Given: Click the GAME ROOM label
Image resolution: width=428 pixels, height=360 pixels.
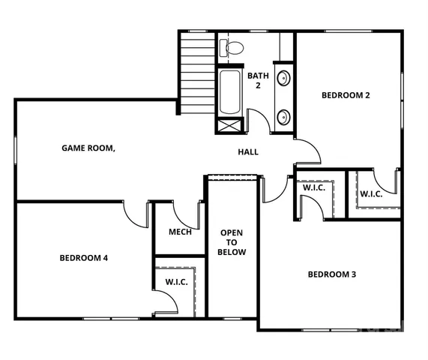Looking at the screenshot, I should coord(88,148).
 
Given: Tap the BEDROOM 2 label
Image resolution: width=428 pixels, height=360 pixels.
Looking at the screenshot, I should coord(346,95).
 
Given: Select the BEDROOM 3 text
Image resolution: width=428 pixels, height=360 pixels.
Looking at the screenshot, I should coord(331,274).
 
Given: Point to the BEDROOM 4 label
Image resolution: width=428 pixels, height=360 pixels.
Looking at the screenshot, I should coord(84,258).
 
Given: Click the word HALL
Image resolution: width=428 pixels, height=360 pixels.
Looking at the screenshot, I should coord(248,152).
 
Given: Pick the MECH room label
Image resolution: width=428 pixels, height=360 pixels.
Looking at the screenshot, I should coord(180,232).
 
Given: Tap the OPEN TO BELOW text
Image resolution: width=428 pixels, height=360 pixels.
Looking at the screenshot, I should coord(232,242).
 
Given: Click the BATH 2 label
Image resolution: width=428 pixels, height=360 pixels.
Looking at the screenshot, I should coord(259,80).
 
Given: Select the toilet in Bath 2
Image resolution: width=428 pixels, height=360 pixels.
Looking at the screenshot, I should coord(233,49).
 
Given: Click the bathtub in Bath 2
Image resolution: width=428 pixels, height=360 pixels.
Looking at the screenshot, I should coord(230,91).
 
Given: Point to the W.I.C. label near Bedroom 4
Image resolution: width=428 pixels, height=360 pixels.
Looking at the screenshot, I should coord(177,282).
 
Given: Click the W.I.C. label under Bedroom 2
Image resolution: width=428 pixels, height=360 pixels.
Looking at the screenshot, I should coord(370,194).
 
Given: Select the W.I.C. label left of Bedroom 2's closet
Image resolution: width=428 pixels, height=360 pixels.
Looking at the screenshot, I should coord(313,187).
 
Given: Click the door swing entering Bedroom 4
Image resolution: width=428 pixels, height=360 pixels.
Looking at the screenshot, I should coord(136,214).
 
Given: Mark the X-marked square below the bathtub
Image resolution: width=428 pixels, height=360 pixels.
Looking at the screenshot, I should coord(230,124).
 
